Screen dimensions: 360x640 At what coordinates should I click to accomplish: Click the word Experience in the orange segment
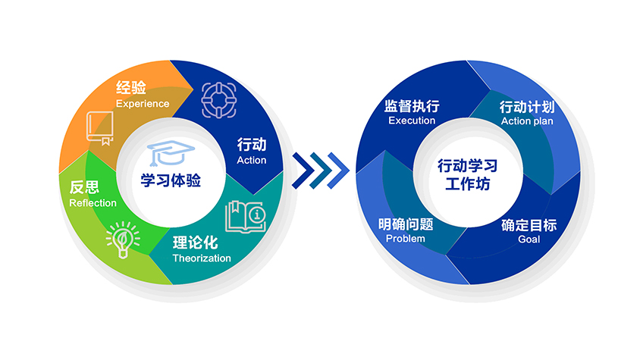point(142,103)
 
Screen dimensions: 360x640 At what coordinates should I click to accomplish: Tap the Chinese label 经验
point(130,87)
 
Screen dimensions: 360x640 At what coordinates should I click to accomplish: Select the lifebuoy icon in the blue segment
point(218,98)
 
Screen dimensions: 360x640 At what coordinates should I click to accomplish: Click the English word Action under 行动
point(252,160)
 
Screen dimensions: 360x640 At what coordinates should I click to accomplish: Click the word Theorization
point(201,258)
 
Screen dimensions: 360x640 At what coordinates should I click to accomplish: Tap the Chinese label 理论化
point(195,243)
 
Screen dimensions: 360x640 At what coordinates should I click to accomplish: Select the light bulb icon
point(122,239)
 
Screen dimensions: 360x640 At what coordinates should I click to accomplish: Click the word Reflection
point(93,202)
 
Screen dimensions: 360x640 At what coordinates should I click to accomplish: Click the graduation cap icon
point(168,154)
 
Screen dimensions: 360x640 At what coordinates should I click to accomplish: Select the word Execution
point(412,121)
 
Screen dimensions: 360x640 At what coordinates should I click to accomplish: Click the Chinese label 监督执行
point(412,105)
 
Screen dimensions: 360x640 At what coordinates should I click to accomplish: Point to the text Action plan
point(527,121)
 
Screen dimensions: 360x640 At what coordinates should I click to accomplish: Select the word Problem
point(405,239)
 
